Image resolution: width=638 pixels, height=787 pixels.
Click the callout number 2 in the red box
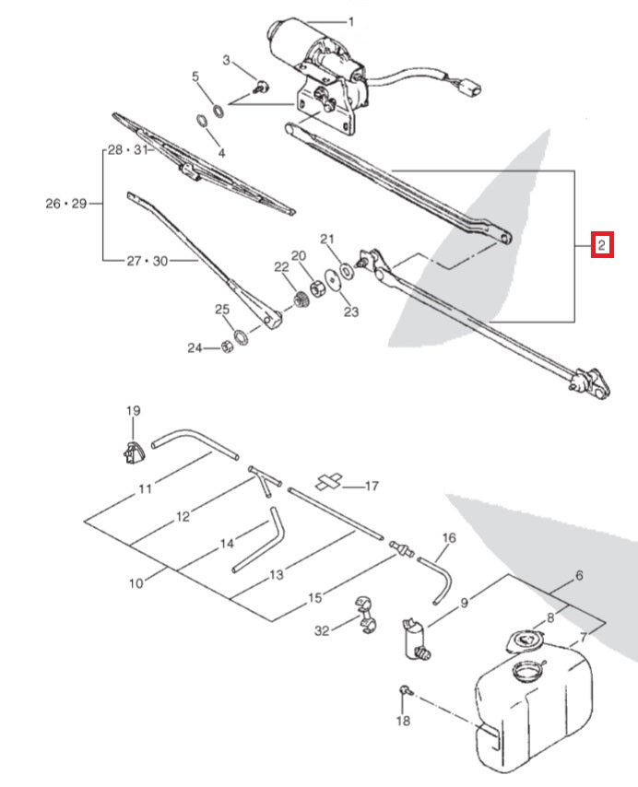click(x=600, y=245)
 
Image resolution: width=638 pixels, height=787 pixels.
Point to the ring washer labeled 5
click(x=219, y=112)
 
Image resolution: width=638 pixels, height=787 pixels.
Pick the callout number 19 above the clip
click(x=133, y=410)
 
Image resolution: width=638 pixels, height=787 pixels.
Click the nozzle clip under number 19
click(x=133, y=452)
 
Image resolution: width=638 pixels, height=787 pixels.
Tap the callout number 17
click(x=372, y=485)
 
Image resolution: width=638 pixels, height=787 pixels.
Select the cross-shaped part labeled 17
click(x=330, y=481)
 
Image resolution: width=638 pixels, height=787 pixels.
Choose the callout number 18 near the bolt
click(x=403, y=721)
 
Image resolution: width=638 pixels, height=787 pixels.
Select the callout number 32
click(x=321, y=631)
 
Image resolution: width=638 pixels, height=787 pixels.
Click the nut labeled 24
click(x=226, y=347)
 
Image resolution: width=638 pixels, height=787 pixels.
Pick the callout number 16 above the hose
click(x=449, y=537)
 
